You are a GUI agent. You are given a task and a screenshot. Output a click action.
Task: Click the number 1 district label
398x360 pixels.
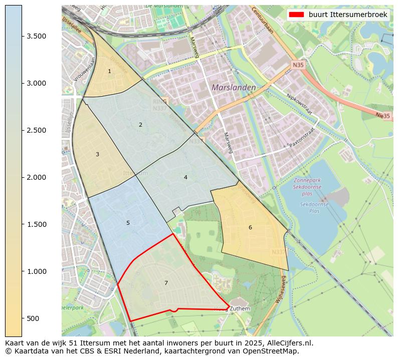(109, 72)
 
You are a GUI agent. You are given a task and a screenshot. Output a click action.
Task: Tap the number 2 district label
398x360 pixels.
(140, 125)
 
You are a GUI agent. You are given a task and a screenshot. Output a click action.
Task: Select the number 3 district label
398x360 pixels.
(97, 154)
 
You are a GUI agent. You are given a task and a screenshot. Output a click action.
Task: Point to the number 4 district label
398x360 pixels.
(185, 177)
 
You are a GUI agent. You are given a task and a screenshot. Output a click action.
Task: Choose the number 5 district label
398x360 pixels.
(128, 223)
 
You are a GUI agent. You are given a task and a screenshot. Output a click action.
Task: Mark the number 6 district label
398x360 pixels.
(250, 228)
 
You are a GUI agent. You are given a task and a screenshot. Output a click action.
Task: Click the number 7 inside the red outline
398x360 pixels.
(166, 283)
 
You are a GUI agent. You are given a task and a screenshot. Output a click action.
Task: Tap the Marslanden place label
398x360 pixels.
(234, 87)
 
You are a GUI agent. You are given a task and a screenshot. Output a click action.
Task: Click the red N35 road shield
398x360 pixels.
(298, 65)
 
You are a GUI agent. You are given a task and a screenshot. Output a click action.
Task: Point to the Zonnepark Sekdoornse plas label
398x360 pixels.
(308, 187)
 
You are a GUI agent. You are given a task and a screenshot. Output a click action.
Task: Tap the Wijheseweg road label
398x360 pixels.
(280, 289)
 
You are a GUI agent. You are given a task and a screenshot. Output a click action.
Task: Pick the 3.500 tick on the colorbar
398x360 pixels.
(37, 36)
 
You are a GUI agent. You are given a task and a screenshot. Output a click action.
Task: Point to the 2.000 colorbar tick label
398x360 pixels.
(37, 177)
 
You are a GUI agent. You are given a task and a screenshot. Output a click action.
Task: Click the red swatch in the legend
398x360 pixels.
(296, 15)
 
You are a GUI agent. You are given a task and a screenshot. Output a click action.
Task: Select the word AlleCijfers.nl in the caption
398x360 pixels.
(290, 343)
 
